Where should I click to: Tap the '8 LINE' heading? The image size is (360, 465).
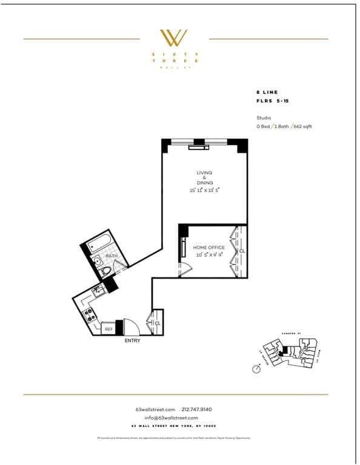[267, 92]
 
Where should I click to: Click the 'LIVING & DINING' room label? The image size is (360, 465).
[204, 178]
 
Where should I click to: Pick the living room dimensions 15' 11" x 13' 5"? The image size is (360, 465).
[204, 190]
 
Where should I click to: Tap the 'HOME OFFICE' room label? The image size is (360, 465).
[208, 248]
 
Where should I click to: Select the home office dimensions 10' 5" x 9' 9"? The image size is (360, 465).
[208, 255]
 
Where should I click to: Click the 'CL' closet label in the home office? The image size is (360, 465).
[241, 251]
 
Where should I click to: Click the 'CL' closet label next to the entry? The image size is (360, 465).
[157, 323]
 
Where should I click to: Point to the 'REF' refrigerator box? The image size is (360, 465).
[108, 329]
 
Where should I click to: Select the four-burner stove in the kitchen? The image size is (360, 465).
[88, 314]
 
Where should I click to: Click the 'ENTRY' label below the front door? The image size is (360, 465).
[132, 341]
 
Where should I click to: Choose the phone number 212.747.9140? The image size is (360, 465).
[197, 409]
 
